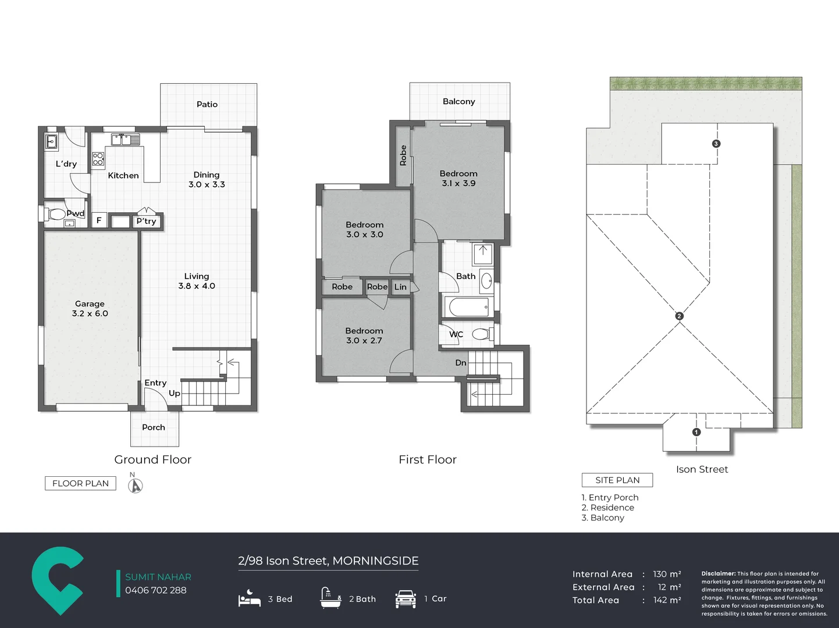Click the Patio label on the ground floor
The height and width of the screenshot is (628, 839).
coord(207,104)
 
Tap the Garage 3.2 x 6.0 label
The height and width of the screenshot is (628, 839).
coord(90,309)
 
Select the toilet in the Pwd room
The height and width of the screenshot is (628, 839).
coord(54,214)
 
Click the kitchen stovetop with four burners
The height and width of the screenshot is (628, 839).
coord(98,159)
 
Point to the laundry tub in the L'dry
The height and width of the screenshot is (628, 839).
coord(51,142)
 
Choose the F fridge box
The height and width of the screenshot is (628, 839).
coord(99,220)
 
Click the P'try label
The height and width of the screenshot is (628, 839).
coord(147,221)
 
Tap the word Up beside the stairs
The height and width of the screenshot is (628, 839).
coord(175,394)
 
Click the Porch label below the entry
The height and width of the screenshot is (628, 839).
coord(154,427)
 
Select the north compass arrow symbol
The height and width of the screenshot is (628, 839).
coord(135,486)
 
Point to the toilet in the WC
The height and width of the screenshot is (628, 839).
coord(482,334)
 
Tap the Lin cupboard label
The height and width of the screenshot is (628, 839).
coord(400,287)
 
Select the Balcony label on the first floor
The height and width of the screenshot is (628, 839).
coord(458,101)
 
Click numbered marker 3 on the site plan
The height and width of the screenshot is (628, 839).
coord(716,144)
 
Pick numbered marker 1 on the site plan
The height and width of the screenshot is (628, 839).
coord(696,432)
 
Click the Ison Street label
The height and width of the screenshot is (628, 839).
coord(702,469)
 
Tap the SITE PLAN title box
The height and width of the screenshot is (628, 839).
coord(617,480)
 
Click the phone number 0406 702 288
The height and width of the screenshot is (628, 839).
coord(156,590)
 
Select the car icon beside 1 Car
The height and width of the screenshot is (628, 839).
coord(406,599)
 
